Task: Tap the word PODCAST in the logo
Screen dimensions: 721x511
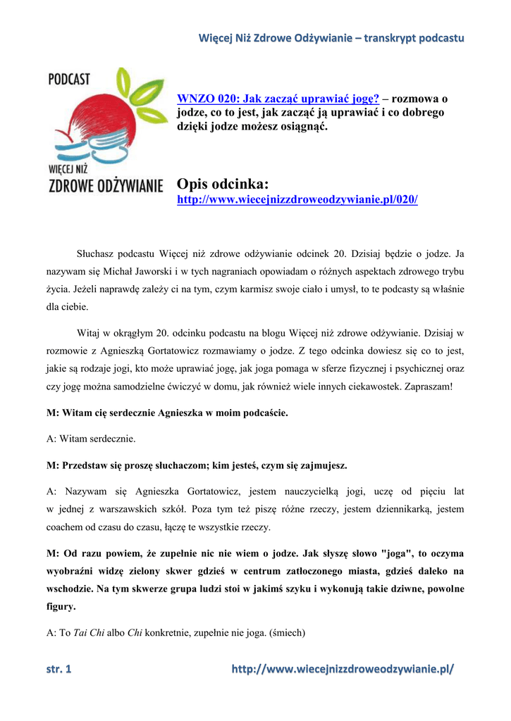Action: click(69, 80)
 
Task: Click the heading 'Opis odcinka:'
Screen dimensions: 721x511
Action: click(222, 184)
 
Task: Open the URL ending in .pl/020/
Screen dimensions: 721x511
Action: click(297, 200)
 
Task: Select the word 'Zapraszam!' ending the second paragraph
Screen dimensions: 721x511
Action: click(438, 387)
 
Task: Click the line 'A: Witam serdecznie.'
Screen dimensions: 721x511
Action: click(91, 439)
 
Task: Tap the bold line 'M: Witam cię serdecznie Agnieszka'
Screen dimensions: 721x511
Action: click(167, 413)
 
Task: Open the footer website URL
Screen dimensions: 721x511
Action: click(343, 670)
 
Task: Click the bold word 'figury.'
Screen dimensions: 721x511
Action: click(62, 606)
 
